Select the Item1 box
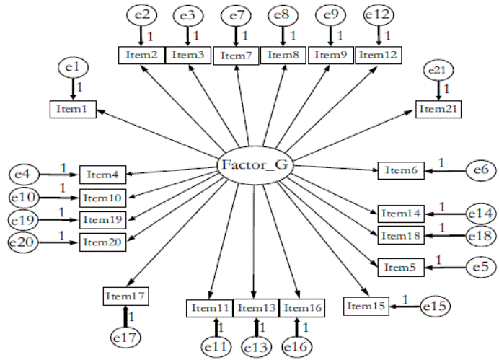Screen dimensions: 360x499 click(x=72, y=109)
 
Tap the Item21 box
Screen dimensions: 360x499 click(x=438, y=108)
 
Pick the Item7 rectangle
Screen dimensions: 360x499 click(x=237, y=55)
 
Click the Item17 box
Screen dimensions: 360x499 click(x=125, y=296)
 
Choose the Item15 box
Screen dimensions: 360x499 click(x=366, y=306)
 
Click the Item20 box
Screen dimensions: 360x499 click(x=102, y=242)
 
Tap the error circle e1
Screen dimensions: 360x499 click(x=73, y=69)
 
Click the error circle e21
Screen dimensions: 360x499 click(x=438, y=71)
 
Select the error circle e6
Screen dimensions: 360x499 click(x=480, y=170)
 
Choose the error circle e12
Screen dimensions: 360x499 click(x=379, y=14)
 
